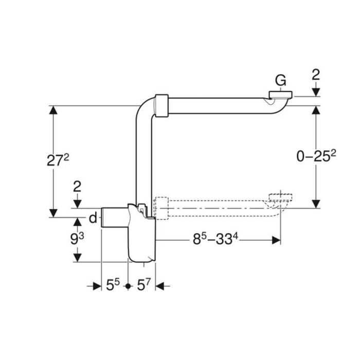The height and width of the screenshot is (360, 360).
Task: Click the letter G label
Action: [280, 80]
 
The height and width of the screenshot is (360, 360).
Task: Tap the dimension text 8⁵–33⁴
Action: [218, 240]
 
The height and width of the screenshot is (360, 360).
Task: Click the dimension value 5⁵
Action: [113, 285]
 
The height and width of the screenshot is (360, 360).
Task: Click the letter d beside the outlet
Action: [93, 219]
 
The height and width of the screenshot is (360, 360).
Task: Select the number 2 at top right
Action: [316, 75]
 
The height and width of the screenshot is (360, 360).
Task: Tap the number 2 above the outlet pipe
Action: [78, 187]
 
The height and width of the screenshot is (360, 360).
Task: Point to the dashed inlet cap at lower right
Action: [280, 196]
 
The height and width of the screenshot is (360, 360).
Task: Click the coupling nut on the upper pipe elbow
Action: [162, 106]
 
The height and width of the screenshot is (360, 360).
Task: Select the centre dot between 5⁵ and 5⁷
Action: [128, 285]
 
